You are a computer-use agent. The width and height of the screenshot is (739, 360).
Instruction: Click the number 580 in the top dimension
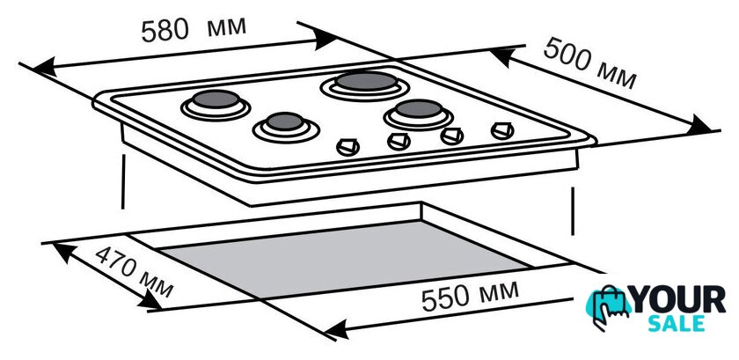click(x=165, y=31)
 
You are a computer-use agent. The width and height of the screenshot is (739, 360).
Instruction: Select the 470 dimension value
click(x=117, y=262)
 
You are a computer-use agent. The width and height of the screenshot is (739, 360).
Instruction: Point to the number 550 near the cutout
click(x=445, y=298)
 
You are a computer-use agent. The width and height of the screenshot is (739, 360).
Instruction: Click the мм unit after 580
click(x=227, y=27)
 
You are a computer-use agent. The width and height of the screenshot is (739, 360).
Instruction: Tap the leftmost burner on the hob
click(x=216, y=104)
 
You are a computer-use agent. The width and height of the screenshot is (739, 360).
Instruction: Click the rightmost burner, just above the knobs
click(x=418, y=114)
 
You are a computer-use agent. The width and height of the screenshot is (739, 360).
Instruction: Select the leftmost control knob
click(x=348, y=147)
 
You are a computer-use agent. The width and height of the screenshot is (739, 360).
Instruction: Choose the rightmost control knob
click(x=502, y=130)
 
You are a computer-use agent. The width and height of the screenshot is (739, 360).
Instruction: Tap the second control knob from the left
click(x=399, y=141)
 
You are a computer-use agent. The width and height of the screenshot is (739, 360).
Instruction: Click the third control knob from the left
click(x=451, y=136)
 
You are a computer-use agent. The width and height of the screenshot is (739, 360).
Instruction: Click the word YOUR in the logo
click(x=679, y=299)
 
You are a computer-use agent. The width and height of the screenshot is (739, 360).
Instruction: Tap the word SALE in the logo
click(x=677, y=324)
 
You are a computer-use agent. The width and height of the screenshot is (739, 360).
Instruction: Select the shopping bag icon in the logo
click(x=608, y=306)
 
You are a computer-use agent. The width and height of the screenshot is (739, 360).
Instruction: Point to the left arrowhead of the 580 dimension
click(x=45, y=67)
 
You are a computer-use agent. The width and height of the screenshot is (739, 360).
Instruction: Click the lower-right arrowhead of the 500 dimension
click(x=699, y=126)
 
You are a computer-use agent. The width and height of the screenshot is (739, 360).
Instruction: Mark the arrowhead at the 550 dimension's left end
click(x=336, y=328)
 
